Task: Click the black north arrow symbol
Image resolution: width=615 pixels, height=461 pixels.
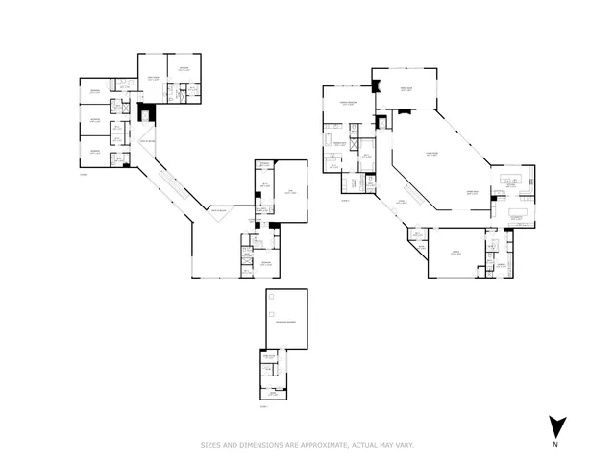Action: (x=555, y=425)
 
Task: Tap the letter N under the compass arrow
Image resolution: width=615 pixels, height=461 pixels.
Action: (x=555, y=444)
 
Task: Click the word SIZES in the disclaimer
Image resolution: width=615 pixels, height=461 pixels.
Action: (x=211, y=445)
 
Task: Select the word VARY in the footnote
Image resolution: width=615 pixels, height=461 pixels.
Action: (x=402, y=445)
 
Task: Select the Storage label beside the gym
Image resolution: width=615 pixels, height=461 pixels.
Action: (x=263, y=164)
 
